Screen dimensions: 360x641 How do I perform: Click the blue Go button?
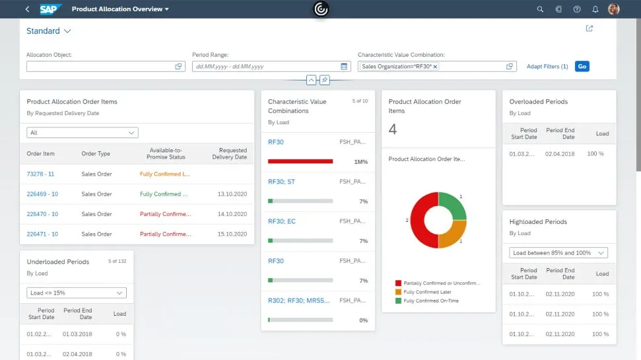point(582,66)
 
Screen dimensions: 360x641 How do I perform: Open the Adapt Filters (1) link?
point(547,67)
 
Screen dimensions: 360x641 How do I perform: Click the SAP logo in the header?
point(50,9)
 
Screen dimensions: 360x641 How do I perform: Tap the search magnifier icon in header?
point(540,9)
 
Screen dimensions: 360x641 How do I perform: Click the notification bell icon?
point(595,9)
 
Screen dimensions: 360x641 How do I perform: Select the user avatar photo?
point(613,9)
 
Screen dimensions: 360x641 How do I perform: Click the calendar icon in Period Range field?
point(344,67)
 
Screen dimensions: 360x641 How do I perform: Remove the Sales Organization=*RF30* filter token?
point(435,67)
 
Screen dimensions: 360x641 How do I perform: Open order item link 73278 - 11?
point(40,174)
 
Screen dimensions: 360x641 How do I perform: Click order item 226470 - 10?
point(42,214)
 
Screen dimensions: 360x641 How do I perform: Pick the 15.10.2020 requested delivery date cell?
point(232,234)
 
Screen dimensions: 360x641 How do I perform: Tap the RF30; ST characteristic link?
point(281,182)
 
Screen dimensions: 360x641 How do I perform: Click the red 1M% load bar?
point(300,161)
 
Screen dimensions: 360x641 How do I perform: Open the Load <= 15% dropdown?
point(77,293)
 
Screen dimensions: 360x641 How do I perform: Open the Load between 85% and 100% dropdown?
point(559,253)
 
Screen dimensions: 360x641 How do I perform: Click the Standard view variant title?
point(44,31)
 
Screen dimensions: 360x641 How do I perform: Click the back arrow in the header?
point(27,9)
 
